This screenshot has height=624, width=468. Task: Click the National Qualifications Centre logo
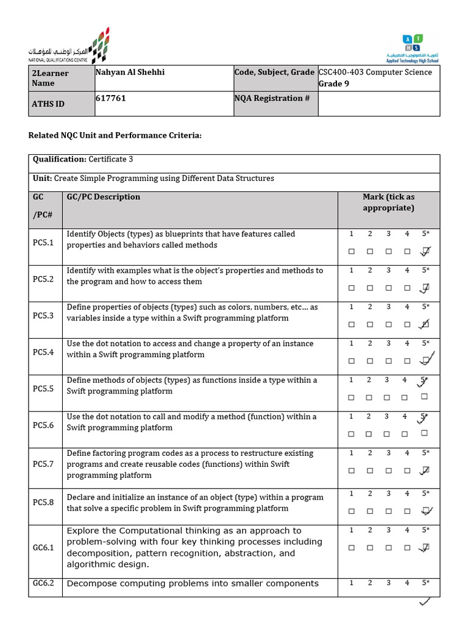pos(68,46)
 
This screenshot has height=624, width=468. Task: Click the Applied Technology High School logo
pos(412,48)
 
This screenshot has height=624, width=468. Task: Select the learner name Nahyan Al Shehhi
pos(130,72)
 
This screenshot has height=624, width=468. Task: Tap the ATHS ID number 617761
pos(111,98)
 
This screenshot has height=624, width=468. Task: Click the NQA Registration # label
pos(268,98)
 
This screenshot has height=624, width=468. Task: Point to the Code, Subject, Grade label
pos(274,72)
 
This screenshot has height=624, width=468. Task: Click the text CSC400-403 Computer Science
pos(375,72)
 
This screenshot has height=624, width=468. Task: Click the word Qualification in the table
pos(59,159)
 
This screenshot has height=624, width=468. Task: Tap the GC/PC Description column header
pos(104,197)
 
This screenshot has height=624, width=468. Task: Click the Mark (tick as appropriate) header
pos(388,202)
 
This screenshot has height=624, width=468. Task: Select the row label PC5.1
pos(43,243)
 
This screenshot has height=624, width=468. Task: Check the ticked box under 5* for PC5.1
pos(425,251)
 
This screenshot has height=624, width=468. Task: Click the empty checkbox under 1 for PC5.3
pos(351,324)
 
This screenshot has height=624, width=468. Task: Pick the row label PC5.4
pos(43,352)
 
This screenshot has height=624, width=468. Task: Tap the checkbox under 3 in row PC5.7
pos(388,470)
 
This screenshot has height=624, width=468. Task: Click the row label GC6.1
pos(43,547)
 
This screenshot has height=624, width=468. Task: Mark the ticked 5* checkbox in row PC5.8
pos(425,511)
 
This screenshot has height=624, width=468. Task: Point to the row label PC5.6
pos(43,425)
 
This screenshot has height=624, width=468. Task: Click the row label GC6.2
pos(43,583)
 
